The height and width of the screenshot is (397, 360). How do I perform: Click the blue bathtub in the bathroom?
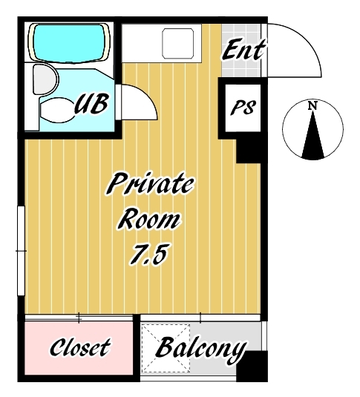coord(69,42)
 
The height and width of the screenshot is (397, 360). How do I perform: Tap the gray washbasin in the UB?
coord(45,79)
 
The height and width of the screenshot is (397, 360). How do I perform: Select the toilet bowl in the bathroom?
coord(57,110)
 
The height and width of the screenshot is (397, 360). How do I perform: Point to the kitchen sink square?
coord(178,43)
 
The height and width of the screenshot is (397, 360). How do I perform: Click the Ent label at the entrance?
coord(243,50)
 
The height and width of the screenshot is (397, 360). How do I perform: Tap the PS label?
coord(243,108)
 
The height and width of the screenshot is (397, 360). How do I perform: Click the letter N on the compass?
coord(313,105)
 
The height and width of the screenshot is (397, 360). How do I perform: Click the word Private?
coord(150,184)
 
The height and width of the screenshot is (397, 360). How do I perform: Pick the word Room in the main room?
coord(149,220)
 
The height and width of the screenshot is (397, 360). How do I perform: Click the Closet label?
coord(80,347)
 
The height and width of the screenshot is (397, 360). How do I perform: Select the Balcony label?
coord(201,350)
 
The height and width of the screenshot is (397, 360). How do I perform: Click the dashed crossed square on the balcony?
coord(166,348)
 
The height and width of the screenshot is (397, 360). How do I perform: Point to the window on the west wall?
coord(22,251)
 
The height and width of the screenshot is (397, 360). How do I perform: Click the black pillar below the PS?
coord(249,151)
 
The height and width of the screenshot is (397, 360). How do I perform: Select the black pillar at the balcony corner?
coord(252,366)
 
